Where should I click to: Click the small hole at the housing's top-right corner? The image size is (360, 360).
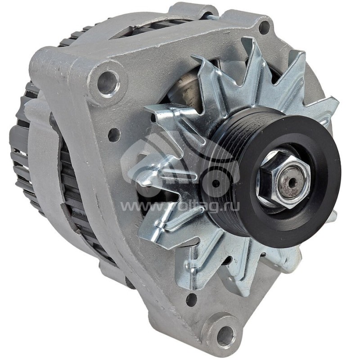[265, 27]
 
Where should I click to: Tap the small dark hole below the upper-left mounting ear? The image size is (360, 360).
[114, 134]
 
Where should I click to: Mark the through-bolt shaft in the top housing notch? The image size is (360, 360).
[210, 17]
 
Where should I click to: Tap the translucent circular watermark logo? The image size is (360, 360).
[180, 166]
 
